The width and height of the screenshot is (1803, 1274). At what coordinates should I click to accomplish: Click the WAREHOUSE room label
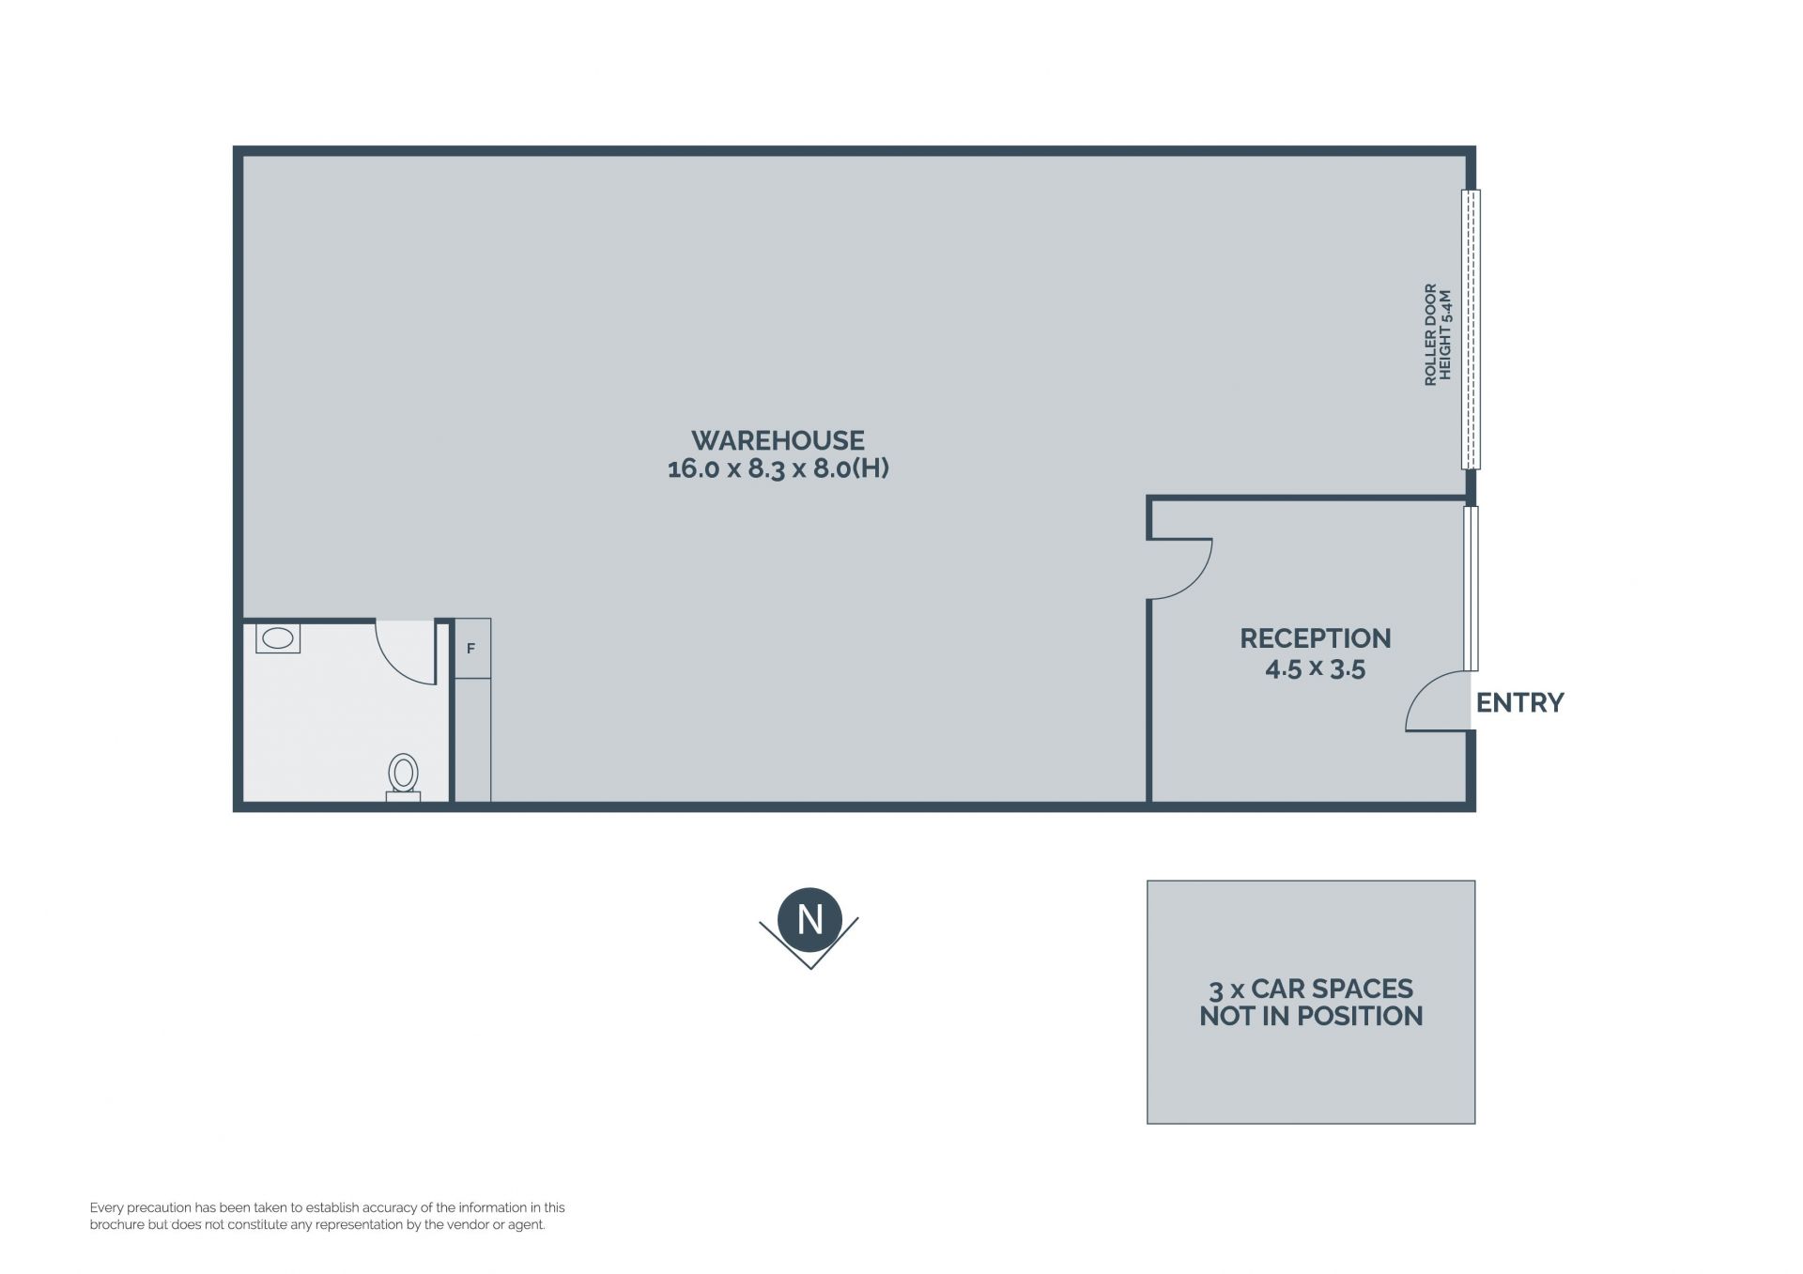(778, 440)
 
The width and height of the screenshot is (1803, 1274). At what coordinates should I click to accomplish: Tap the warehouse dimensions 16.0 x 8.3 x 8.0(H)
(778, 468)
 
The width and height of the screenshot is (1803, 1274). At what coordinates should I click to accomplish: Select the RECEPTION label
(1315, 638)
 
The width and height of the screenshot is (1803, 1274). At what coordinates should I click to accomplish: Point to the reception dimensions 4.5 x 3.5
(1315, 669)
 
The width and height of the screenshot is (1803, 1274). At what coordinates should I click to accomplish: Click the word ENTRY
(1519, 703)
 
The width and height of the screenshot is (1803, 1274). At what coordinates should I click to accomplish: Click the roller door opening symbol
(1471, 330)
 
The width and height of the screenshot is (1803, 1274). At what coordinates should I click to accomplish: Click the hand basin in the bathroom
(278, 638)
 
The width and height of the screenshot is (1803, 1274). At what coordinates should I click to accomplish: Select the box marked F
(472, 648)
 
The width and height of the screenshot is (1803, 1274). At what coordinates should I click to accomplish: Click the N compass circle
(810, 920)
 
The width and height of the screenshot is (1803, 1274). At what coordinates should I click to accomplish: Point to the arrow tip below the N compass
(809, 969)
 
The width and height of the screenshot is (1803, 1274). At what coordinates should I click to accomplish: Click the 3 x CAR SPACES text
(1311, 990)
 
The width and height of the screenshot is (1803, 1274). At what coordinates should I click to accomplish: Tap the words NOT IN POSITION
(1311, 1017)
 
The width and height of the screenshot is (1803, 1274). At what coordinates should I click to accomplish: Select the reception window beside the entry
(1471, 589)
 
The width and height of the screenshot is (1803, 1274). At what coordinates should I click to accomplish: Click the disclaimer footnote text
(328, 1217)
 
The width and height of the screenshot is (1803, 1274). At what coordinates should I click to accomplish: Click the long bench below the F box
(472, 740)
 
